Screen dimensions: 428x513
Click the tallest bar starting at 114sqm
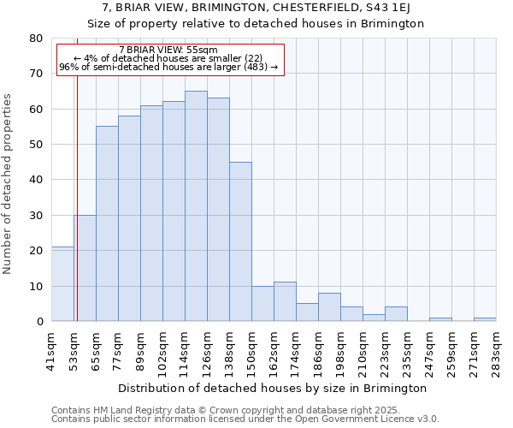coord(196,205)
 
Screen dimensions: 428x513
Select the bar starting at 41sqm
coord(62,283)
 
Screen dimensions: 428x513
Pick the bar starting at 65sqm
coord(107,223)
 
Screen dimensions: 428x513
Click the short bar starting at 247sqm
coord(440,319)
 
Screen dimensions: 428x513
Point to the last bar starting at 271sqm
coord(485,319)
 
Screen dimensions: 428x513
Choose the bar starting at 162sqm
coord(285,301)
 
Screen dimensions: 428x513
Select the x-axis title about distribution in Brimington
coord(272,388)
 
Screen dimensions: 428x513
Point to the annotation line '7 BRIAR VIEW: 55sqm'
coord(168,50)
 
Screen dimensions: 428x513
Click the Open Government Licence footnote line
coord(245,419)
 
